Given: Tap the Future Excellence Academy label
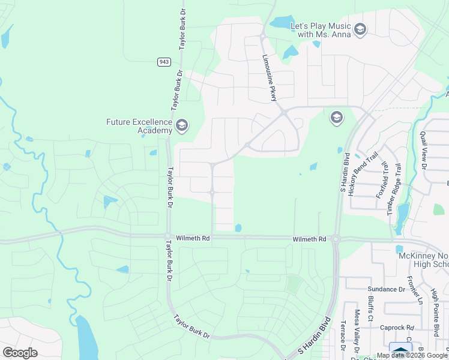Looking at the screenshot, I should [x=139, y=126].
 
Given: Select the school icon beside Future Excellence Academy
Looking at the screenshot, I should [x=182, y=126].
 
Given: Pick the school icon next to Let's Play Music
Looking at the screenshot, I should [x=360, y=29].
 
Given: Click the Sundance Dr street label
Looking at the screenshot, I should [x=387, y=289].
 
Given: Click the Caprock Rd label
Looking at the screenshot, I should [x=397, y=328].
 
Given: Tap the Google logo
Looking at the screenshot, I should [x=20, y=353].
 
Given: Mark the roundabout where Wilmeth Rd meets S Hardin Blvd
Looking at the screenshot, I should [x=336, y=239].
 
